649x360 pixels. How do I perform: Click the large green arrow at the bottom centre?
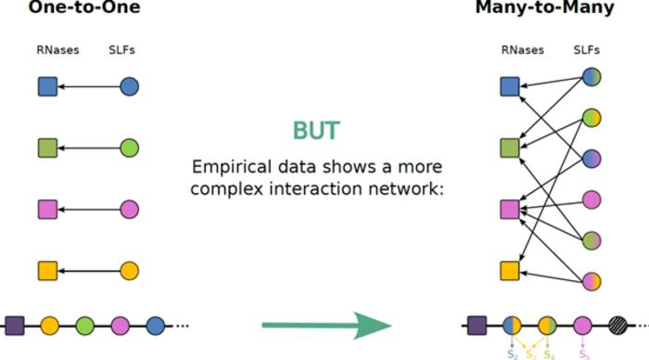coord(324,326)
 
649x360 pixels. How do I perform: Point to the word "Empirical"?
coord(228,168)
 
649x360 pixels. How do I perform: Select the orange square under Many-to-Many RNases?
coord(509,271)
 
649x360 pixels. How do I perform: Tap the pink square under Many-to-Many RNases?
coord(509,210)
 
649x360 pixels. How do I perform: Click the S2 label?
coord(512,354)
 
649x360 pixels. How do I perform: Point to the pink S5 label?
coord(582,354)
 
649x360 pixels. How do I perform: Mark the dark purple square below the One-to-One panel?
coord(15,326)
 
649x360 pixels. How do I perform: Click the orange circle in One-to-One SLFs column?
coord(130,271)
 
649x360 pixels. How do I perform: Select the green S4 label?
coord(551,354)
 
